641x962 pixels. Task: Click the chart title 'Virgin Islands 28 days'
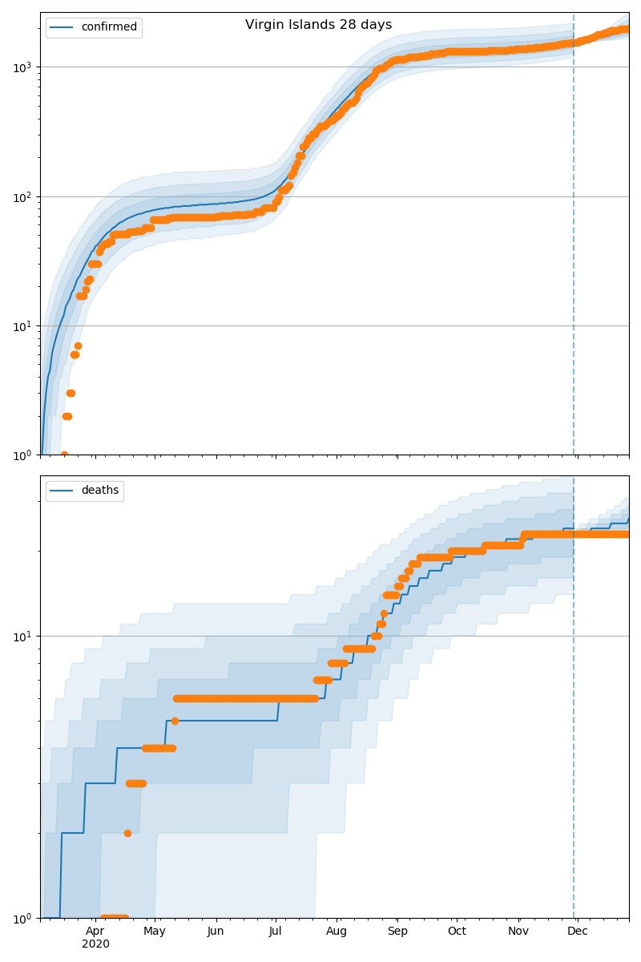coord(318,25)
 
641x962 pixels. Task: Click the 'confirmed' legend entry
coord(109,27)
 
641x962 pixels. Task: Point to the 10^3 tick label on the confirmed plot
coord(25,67)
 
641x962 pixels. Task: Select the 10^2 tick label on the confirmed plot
coord(25,196)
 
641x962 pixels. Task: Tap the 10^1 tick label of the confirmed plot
coord(25,326)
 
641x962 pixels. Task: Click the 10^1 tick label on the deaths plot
coord(25,637)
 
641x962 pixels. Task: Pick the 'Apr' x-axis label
coord(95,931)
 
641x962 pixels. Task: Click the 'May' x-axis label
coord(155,931)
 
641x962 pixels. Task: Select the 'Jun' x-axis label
coord(216,931)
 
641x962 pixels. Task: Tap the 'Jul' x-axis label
coord(275,931)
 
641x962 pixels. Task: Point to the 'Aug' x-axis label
coord(337,931)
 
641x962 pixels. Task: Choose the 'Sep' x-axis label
coord(397,931)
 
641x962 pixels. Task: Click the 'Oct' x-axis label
coord(457,931)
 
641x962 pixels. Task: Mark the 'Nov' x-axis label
coord(518,931)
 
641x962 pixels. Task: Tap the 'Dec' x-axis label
coord(578,931)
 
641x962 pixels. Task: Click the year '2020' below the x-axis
coord(95,944)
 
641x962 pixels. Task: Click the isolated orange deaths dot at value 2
coord(127,833)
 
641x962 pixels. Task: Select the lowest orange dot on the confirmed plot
coord(64,455)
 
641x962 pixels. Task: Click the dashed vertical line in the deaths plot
coord(574,721)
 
